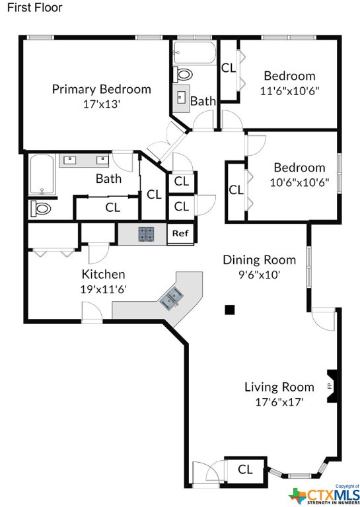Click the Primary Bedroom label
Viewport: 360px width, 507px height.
coord(102,89)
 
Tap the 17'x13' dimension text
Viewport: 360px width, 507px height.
coord(102,104)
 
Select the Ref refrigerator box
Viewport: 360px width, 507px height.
coord(180,234)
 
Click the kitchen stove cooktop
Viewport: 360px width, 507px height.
coord(146,234)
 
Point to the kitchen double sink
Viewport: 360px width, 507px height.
coord(171,300)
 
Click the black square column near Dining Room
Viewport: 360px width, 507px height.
coord(230,310)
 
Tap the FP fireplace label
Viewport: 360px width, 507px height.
coord(330,386)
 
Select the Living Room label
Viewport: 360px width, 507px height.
coord(279,387)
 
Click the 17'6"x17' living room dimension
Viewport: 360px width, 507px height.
coord(279,402)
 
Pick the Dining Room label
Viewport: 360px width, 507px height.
coord(260,259)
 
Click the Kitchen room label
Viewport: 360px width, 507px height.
coord(103,274)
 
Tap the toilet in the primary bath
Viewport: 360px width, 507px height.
coord(41,208)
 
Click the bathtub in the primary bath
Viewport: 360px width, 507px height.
coord(42,174)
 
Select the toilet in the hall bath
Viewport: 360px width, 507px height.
coord(182,75)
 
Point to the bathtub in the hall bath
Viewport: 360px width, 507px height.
coord(194,52)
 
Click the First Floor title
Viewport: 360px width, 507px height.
coord(34,7)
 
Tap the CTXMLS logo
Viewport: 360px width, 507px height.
coord(324,494)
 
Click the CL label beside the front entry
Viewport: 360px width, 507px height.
coord(245,469)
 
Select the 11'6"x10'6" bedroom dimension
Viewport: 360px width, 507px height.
coord(290,91)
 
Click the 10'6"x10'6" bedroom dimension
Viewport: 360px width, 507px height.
coord(299,182)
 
